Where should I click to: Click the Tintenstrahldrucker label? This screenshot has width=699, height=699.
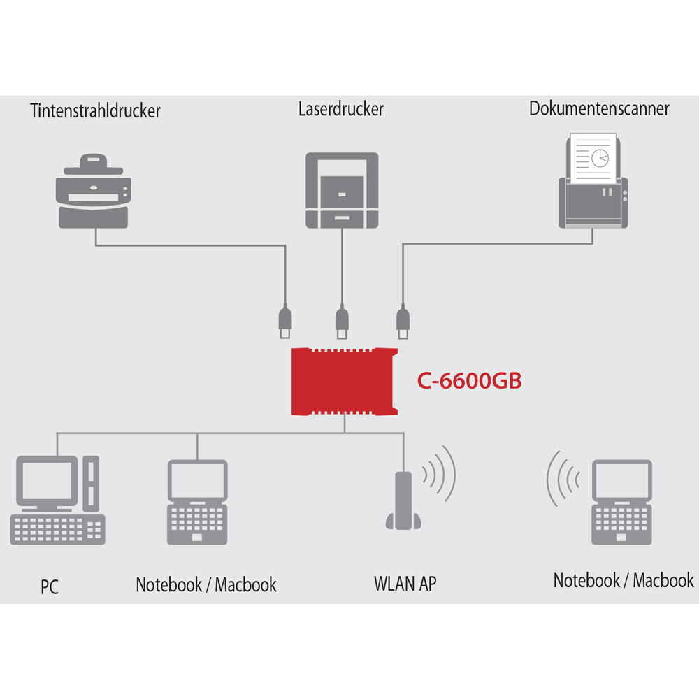[95, 111]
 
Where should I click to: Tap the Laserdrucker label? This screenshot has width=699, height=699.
[341, 109]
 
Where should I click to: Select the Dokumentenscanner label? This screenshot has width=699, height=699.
[599, 109]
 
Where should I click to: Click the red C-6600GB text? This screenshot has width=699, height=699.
[470, 381]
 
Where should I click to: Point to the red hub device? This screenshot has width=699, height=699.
[344, 382]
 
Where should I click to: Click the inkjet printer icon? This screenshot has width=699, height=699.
[94, 191]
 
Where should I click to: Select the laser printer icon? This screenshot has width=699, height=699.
[342, 190]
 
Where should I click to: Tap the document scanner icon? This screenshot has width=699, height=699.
[593, 180]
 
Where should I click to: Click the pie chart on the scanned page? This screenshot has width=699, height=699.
[600, 158]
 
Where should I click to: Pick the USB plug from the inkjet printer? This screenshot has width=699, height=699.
[285, 322]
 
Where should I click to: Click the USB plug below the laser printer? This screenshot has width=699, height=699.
[342, 322]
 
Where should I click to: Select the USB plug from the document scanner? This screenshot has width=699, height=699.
[403, 322]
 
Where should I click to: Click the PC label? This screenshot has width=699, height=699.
[50, 586]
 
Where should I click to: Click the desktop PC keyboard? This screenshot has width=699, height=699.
[58, 530]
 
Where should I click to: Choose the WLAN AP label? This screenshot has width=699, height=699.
[405, 584]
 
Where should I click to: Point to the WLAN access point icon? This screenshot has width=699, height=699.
[403, 500]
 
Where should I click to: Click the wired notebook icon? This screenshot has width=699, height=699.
[198, 502]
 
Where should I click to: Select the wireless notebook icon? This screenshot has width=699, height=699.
[622, 502]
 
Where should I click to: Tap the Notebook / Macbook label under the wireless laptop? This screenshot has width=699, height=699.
[624, 580]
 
